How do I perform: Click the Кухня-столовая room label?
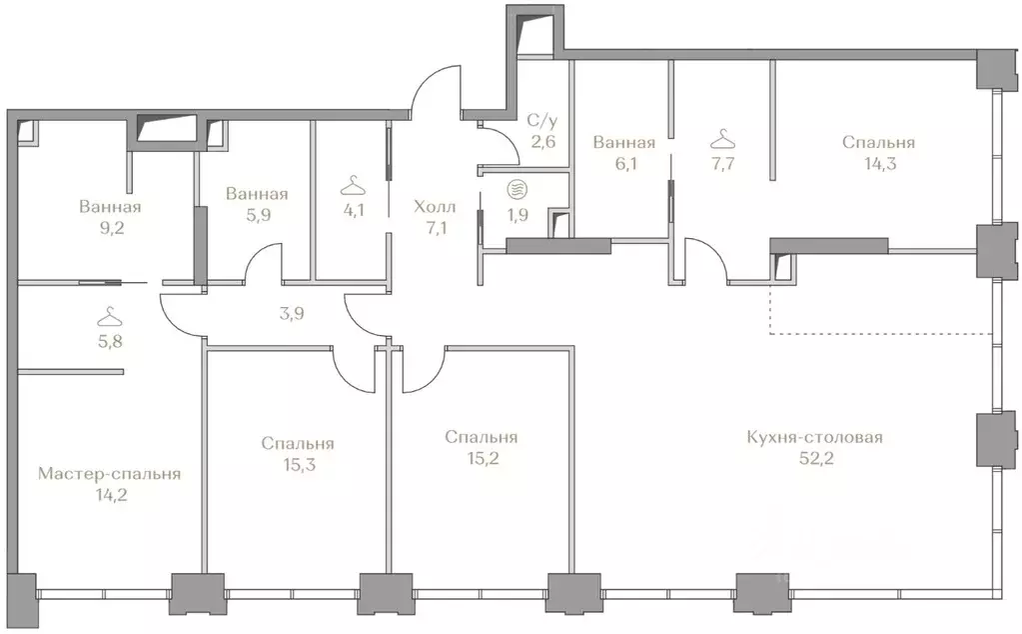pyautogui.click(x=815, y=437)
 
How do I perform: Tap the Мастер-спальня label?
pyautogui.click(x=110, y=474)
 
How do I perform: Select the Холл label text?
pyautogui.click(x=435, y=207)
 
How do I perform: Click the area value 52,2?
pyautogui.click(x=816, y=458)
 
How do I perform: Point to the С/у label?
pyautogui.click(x=542, y=121)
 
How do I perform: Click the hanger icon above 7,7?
pyautogui.click(x=722, y=139)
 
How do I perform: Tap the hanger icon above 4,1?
pyautogui.click(x=353, y=186)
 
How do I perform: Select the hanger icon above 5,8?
pyautogui.click(x=110, y=317)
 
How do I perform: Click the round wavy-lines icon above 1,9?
pyautogui.click(x=517, y=190)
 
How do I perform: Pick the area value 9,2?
pyautogui.click(x=110, y=228)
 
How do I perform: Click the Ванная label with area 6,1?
pyautogui.click(x=623, y=142)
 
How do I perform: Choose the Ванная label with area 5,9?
pyautogui.click(x=257, y=194)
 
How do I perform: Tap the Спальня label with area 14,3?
pyautogui.click(x=878, y=142)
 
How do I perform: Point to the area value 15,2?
pyautogui.click(x=484, y=458)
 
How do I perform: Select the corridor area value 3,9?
pyautogui.click(x=292, y=314)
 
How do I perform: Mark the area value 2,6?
pyautogui.click(x=542, y=142)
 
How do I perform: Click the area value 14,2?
pyautogui.click(x=110, y=495)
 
